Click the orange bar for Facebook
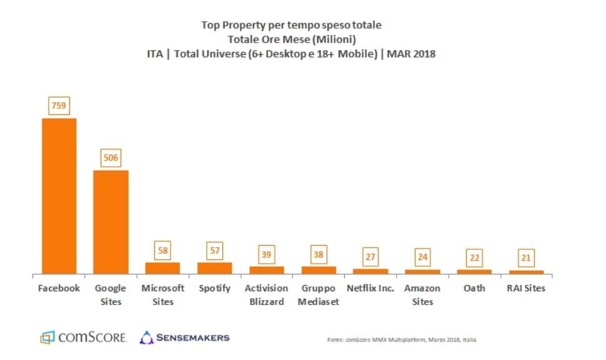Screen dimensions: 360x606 click(x=59, y=196)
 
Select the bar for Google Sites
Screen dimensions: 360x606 click(x=111, y=222)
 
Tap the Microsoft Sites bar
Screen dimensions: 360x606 click(x=162, y=268)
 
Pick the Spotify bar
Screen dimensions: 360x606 click(x=214, y=268)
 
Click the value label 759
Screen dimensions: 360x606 click(x=59, y=106)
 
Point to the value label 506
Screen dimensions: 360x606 click(x=111, y=157)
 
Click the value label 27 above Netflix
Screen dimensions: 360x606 click(x=370, y=256)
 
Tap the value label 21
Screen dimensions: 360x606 click(x=526, y=257)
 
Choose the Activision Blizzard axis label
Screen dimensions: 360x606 click(x=266, y=295)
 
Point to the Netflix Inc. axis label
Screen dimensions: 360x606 click(x=370, y=288)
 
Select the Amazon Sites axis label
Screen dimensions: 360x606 click(x=422, y=295)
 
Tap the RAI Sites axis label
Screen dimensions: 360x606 click(x=526, y=288)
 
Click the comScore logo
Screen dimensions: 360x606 click(x=84, y=337)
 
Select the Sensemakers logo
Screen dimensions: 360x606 click(x=184, y=337)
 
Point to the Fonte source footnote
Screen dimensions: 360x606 click(x=402, y=340)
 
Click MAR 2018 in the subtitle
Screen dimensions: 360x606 click(x=410, y=54)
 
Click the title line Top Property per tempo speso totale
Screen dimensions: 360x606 click(x=291, y=25)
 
